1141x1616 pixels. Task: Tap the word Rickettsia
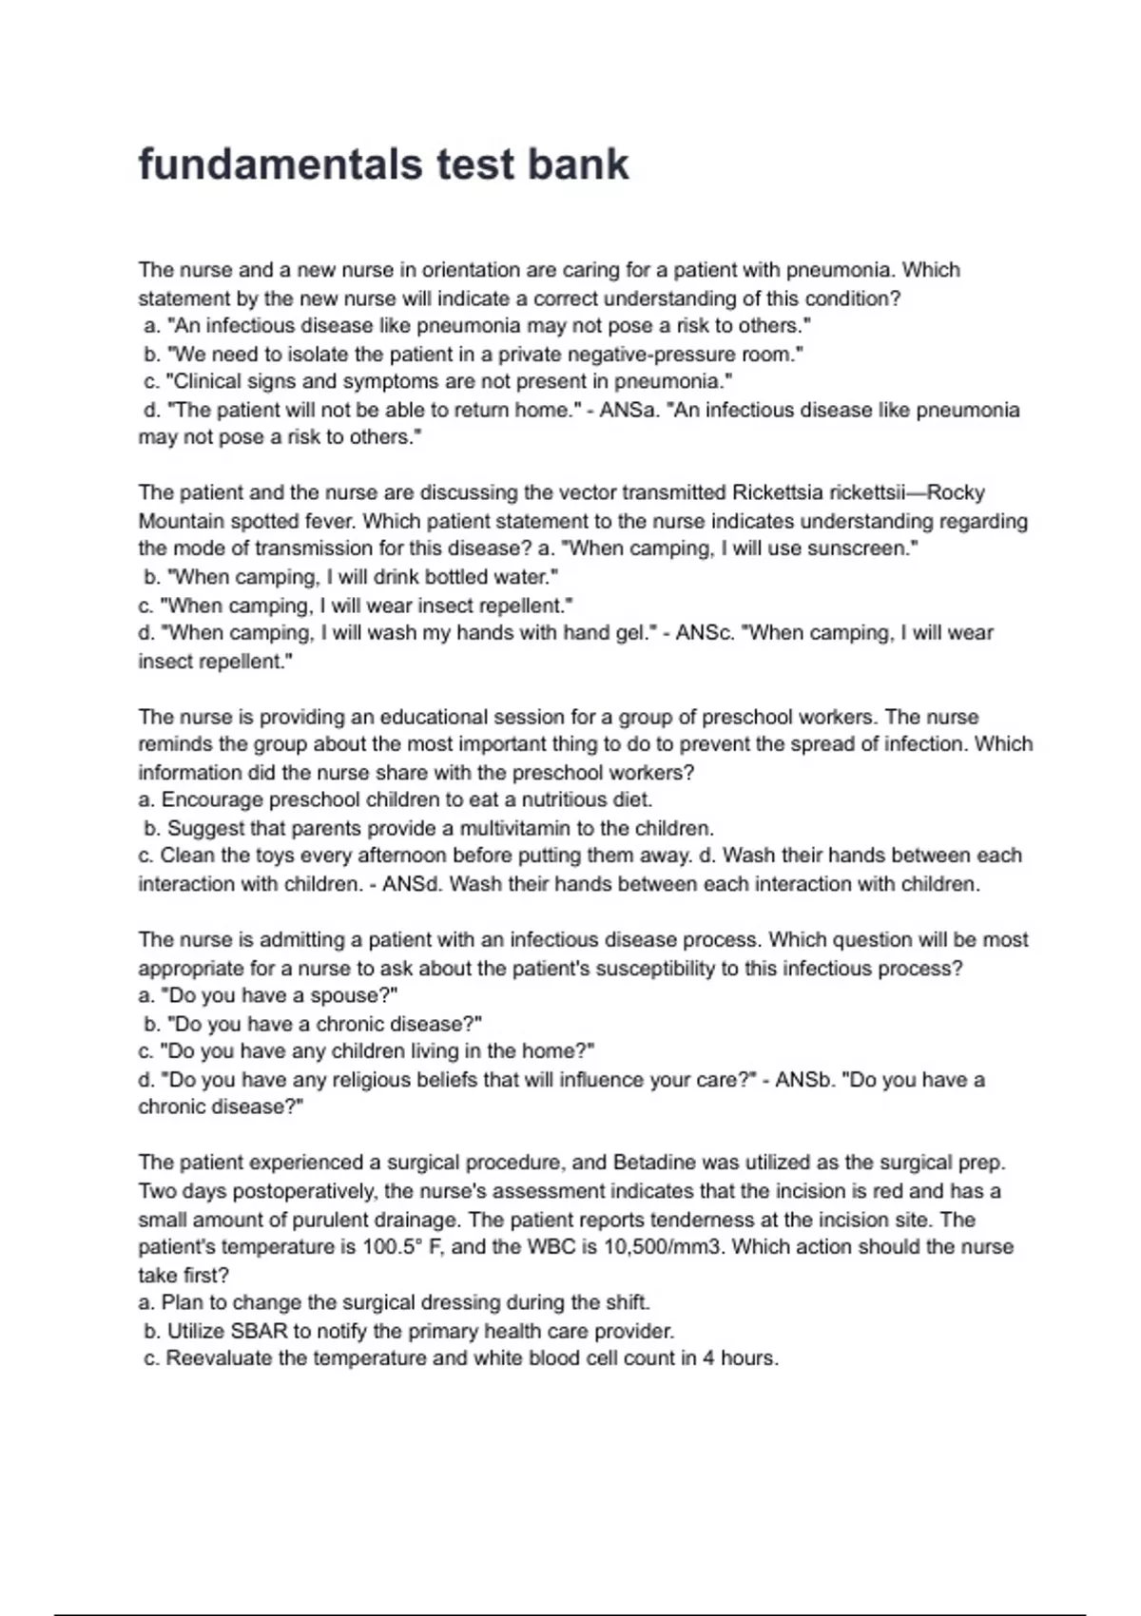778,492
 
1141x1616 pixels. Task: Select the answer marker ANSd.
413,884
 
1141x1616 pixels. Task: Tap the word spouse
349,996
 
